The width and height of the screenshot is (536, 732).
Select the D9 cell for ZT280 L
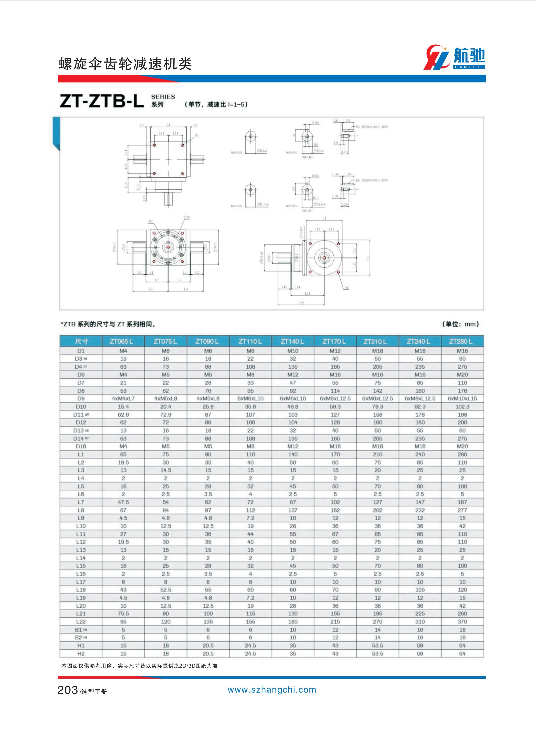tap(462, 399)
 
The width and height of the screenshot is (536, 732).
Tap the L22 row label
tap(81, 622)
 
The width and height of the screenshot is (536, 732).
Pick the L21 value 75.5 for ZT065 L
tap(123, 614)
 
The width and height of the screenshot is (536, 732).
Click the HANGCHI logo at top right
tap(454, 58)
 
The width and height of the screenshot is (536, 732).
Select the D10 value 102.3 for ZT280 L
tap(462, 407)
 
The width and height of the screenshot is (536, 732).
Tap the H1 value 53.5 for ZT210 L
tap(377, 646)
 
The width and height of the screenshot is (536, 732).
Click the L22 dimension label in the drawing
tap(301, 303)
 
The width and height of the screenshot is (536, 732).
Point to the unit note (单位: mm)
tap(460, 324)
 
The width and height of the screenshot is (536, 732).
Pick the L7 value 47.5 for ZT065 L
tap(123, 502)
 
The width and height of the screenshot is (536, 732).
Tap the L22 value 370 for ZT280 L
tap(462, 622)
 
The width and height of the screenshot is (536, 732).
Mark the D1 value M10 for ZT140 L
tap(293, 351)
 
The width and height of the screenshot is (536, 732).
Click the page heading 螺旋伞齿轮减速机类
tap(125, 64)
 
